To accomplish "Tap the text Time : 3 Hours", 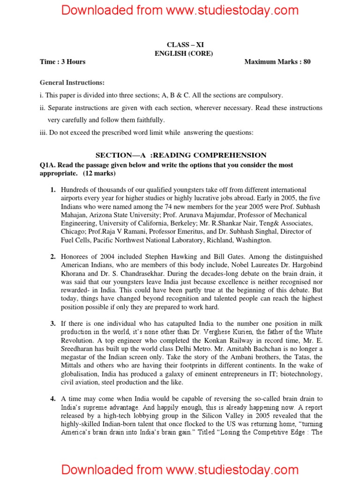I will click(62, 61).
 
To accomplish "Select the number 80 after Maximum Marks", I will click(307, 61).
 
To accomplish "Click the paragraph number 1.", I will click(53, 190).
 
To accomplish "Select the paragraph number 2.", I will click(53, 257).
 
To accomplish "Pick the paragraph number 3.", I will click(53, 324).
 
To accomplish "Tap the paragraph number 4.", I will click(53, 399).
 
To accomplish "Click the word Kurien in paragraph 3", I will click(231, 332).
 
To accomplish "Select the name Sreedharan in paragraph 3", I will click(79, 349).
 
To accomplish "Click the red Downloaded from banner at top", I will click(180, 10).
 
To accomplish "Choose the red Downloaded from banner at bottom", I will click(180, 470).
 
